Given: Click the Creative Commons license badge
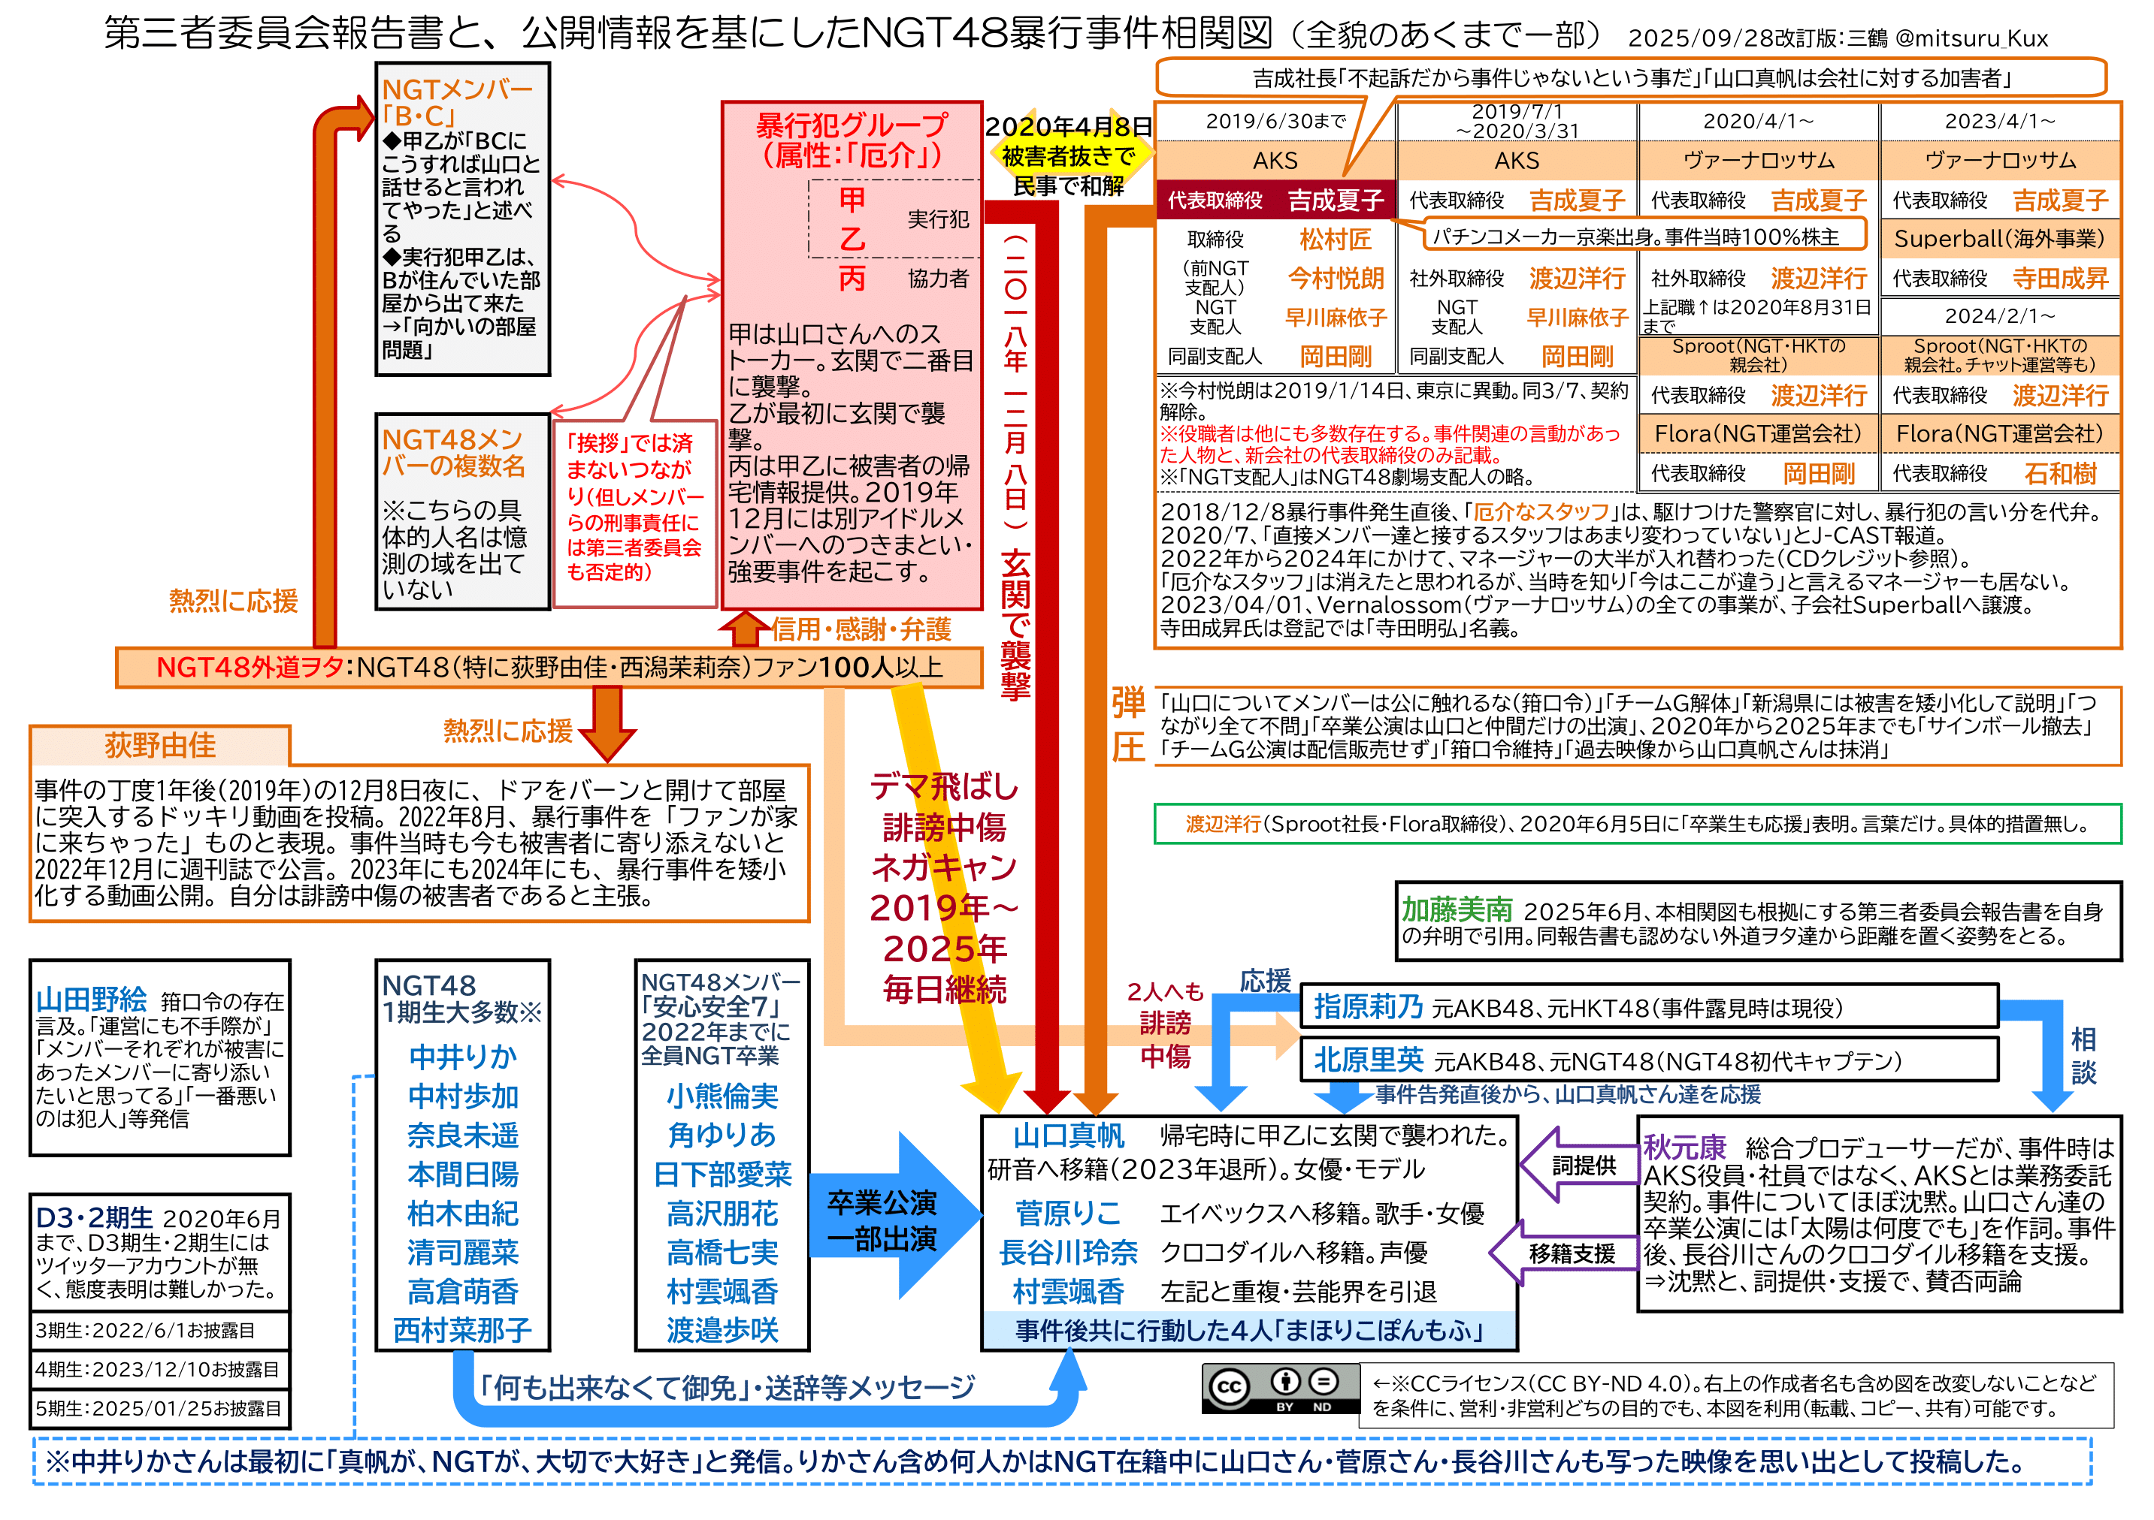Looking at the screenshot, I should point(1280,1388).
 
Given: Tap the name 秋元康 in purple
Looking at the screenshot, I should point(1684,1147).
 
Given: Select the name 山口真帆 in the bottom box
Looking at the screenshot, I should point(1068,1135).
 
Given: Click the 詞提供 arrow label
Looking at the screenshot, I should point(1584,1166).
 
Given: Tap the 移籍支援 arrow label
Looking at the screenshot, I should point(1572,1253).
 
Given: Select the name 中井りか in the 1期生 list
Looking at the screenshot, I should point(462,1057).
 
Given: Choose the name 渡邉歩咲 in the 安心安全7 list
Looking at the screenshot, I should point(722,1330).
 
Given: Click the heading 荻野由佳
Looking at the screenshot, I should point(159,746).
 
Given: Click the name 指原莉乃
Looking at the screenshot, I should point(1368,1006).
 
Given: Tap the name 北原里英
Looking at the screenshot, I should point(1368,1060).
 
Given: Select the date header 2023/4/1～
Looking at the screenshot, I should point(1999,122).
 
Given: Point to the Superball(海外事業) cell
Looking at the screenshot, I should point(1999,239).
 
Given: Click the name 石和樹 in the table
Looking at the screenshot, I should point(2059,474).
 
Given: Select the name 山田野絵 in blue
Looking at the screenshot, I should point(91,1000).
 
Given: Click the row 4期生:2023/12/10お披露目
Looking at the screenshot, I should point(158,1369).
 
